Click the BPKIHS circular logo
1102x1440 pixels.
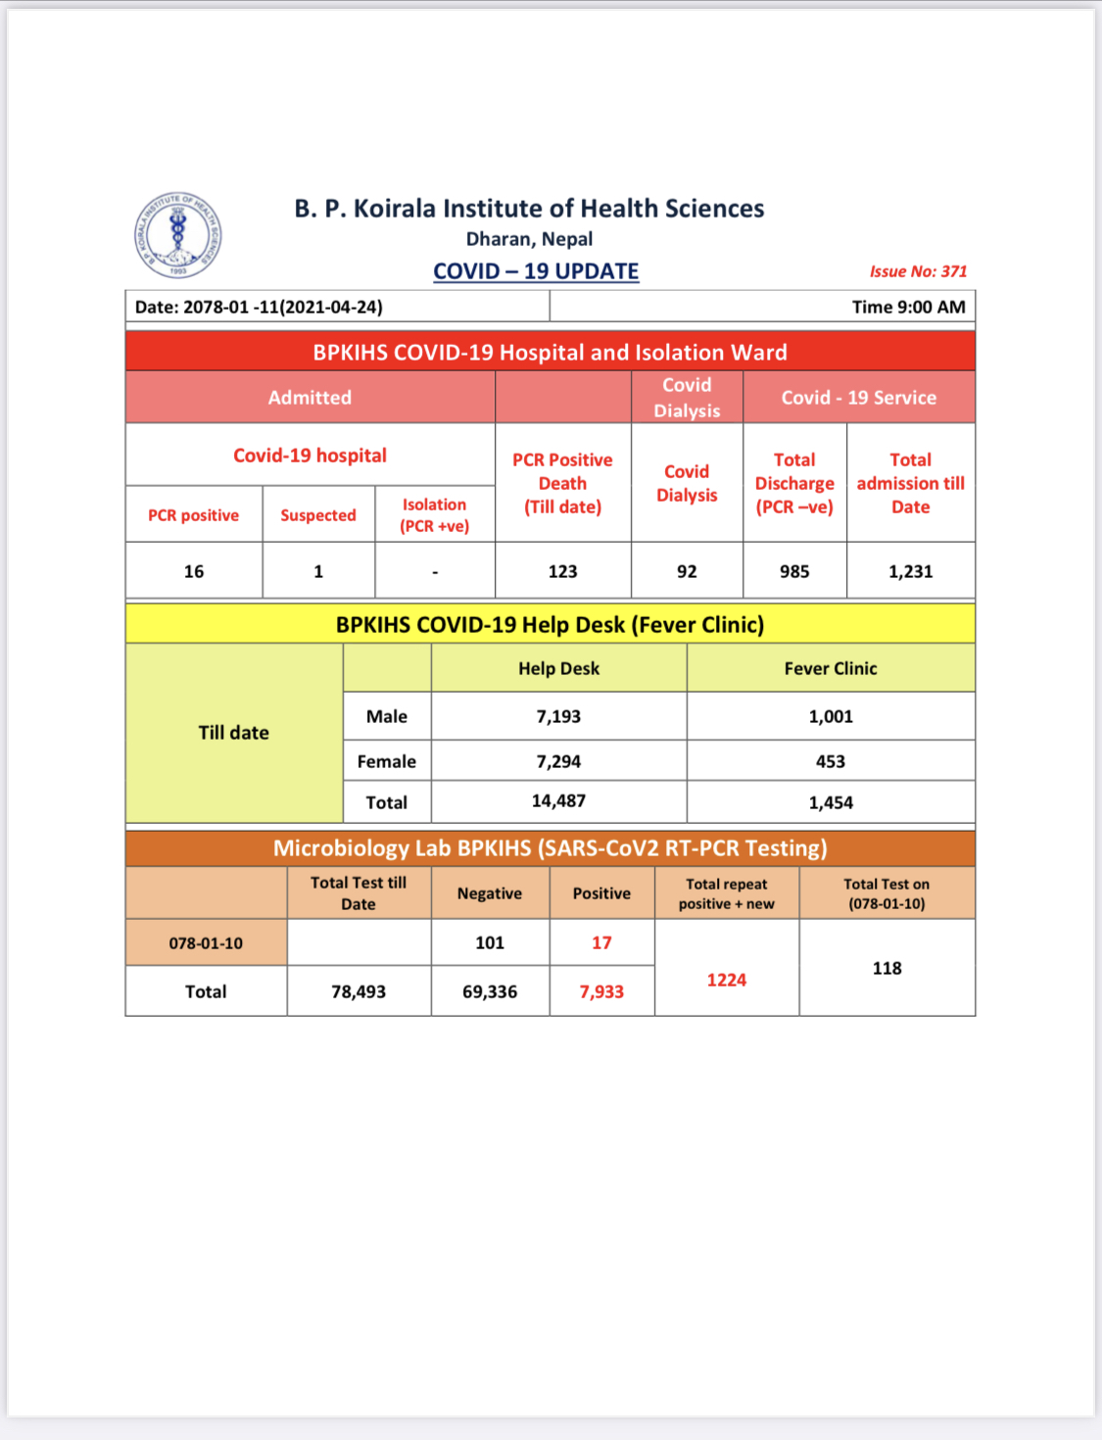pos(177,235)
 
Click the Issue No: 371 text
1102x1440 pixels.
pos(918,271)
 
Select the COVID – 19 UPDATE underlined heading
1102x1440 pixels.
pos(536,271)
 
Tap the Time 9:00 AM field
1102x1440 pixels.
pos(908,307)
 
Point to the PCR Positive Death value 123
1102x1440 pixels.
pos(562,571)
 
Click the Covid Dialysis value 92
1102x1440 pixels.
pos(687,571)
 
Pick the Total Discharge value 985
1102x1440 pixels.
pos(794,571)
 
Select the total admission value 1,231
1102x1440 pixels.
pos(910,571)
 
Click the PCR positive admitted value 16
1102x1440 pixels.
pos(194,571)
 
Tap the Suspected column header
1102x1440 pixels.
pos(318,515)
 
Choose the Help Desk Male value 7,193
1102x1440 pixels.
pos(558,716)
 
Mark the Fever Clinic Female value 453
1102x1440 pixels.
pos(831,761)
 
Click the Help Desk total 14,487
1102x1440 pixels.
pos(558,801)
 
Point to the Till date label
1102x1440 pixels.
pos(233,733)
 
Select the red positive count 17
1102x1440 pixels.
pos(601,942)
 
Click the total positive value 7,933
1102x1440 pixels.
pos(601,991)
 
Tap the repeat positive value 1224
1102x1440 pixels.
pos(727,980)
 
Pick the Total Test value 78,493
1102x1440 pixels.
pos(359,991)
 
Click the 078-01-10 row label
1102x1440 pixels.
pos(206,943)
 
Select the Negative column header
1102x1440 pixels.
pos(490,893)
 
